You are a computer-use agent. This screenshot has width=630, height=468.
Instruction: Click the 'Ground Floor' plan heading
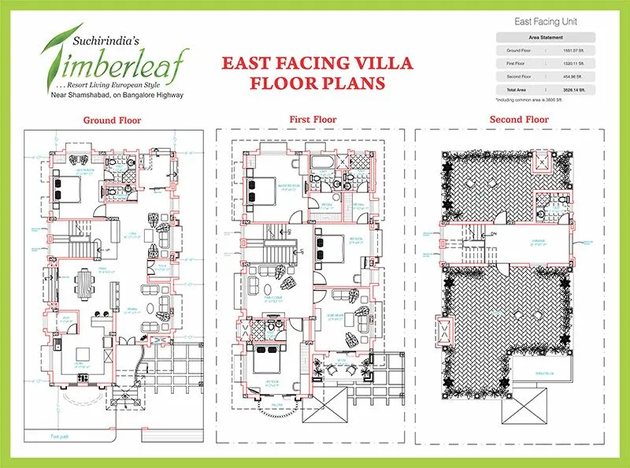(113, 121)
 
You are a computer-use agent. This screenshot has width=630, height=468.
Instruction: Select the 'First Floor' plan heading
(313, 120)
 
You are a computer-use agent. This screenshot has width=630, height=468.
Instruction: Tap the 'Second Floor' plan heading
(519, 120)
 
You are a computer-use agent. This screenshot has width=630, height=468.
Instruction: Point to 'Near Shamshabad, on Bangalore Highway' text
(117, 95)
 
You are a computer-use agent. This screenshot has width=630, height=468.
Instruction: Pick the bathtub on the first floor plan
(321, 164)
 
